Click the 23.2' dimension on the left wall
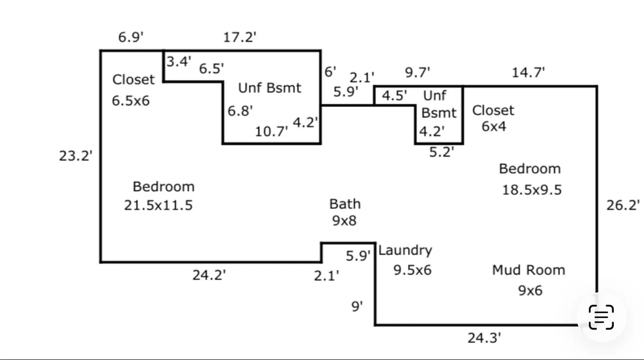tap(76, 156)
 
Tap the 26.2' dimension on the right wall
tap(623, 205)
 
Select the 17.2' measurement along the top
tap(240, 37)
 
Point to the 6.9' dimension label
tap(131, 37)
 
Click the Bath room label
tap(345, 204)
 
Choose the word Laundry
tap(405, 250)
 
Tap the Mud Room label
tap(528, 270)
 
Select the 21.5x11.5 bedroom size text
tap(158, 205)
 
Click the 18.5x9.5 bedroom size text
tap(532, 190)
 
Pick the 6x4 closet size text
tap(494, 126)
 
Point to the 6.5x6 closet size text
tap(131, 100)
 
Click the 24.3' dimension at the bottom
tap(484, 338)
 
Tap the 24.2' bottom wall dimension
tap(209, 275)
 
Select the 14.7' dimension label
tap(528, 73)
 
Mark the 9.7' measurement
tap(418, 72)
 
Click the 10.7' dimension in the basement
tap(271, 131)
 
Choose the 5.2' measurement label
tap(442, 152)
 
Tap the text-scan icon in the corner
tap(601, 317)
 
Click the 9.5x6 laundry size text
tap(412, 270)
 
